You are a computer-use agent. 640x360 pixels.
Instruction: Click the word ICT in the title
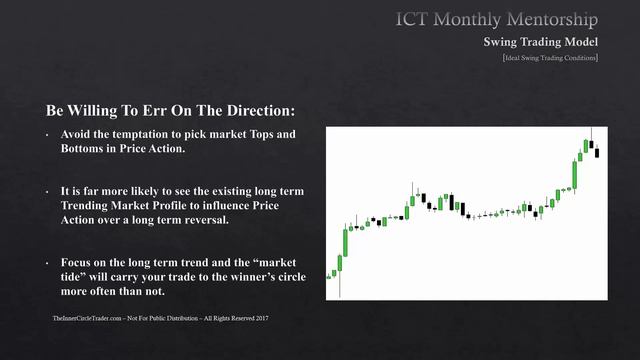click(x=415, y=19)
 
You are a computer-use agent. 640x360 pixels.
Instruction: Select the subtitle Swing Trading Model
click(x=541, y=42)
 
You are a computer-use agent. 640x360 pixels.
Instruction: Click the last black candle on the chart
click(x=596, y=152)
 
